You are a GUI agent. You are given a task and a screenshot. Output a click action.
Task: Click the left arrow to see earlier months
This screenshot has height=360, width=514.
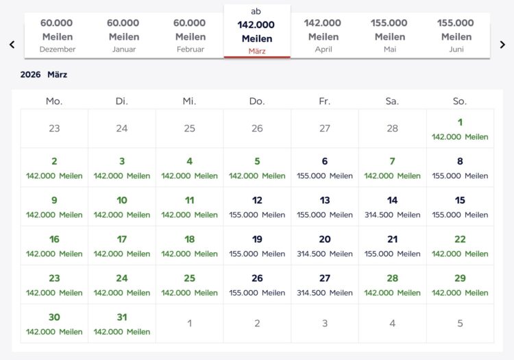tap(12, 45)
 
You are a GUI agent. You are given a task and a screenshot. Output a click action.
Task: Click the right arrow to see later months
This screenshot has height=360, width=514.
tap(502, 45)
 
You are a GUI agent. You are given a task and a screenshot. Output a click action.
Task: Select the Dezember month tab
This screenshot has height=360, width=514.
tap(58, 36)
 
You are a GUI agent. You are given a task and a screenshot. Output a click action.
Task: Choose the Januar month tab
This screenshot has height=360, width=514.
tap(124, 36)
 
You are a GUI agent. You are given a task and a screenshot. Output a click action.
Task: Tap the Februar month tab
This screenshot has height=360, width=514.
tap(190, 36)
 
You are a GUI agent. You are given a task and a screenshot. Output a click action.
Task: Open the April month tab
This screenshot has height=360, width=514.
tap(323, 36)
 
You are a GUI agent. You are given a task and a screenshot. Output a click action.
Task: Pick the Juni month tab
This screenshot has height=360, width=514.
tap(456, 36)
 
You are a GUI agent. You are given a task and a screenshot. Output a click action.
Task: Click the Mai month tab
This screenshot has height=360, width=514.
tap(390, 36)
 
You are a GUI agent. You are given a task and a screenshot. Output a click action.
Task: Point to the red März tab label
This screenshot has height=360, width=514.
tap(257, 51)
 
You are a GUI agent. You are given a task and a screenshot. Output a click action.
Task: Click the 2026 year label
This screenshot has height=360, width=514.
tap(30, 75)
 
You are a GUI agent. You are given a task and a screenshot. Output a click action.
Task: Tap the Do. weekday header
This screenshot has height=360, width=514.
tap(257, 101)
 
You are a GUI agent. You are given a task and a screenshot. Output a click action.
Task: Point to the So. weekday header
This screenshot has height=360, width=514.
tap(460, 101)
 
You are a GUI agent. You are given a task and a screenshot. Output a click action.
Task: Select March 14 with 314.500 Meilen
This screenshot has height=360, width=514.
tap(393, 206)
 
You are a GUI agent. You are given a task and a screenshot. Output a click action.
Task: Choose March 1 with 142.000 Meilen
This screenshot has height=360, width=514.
tap(460, 128)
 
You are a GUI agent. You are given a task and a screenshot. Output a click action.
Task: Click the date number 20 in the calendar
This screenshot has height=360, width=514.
tap(325, 239)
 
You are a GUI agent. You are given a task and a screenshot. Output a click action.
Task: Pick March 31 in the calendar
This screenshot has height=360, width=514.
tap(122, 324)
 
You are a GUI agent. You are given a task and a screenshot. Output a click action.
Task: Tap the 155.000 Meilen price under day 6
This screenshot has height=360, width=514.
tap(325, 176)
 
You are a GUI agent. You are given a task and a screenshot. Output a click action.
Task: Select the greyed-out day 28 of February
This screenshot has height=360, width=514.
tap(393, 128)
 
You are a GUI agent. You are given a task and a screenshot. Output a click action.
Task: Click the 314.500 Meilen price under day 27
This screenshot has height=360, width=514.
tap(325, 293)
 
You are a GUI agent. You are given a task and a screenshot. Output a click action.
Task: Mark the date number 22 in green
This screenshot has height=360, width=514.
tap(460, 239)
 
